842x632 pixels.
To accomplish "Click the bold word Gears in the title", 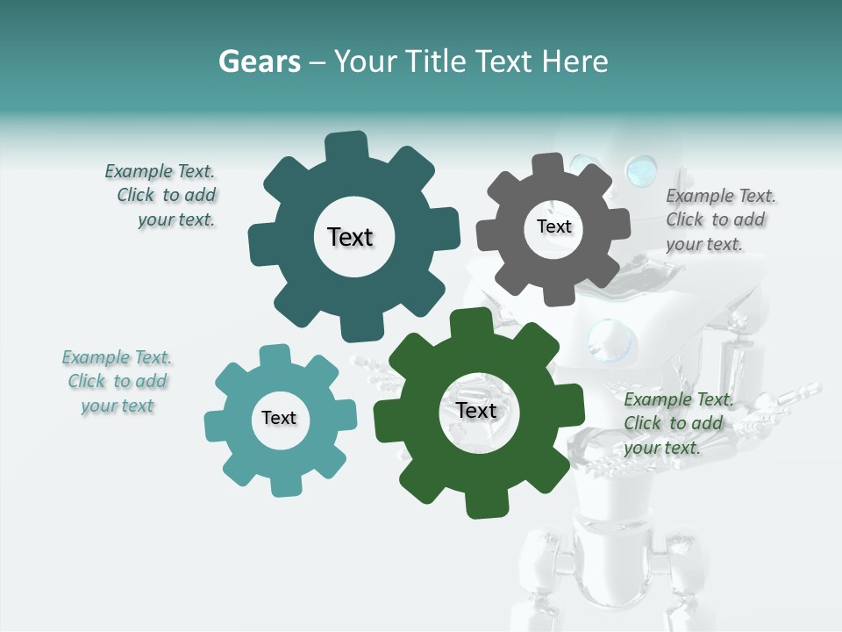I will coord(260,61).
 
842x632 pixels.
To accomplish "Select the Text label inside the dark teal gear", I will coord(350,237).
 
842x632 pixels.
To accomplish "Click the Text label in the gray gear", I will coord(553,226).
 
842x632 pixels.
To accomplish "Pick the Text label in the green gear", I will coord(476,411).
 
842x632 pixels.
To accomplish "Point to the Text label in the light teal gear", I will coord(279,418).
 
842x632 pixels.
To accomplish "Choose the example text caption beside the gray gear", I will coord(720,219).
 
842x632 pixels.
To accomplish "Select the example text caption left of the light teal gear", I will coord(118,381).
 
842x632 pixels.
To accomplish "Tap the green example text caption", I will coord(675,423).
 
